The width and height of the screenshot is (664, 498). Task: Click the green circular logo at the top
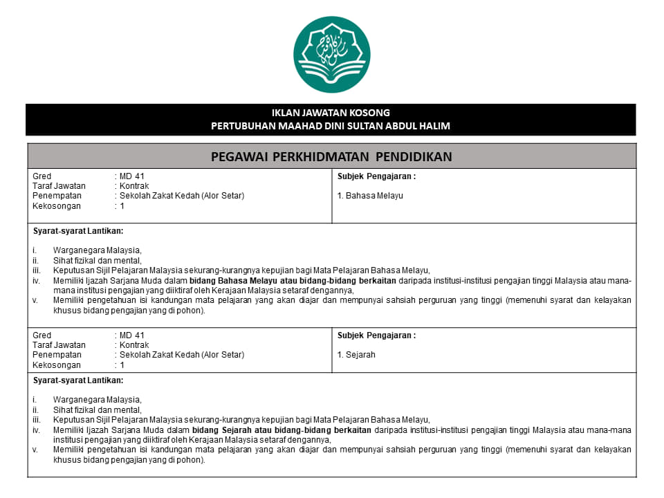point(331,55)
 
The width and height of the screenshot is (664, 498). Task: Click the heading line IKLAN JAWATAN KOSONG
point(331,113)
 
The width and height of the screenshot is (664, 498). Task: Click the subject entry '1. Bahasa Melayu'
point(370,196)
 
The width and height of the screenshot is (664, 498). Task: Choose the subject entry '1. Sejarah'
point(356,355)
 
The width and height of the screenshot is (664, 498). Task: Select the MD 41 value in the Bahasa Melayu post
point(131,176)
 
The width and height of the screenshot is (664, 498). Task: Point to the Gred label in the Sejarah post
point(42,335)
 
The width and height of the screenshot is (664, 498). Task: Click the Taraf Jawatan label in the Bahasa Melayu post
point(59,186)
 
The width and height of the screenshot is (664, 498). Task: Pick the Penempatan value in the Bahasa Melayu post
point(181,196)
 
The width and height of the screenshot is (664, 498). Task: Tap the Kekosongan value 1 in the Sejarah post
point(122,365)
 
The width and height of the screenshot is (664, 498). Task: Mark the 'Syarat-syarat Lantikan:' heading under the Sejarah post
point(78,380)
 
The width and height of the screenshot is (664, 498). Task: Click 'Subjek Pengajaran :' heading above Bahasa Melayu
point(376,176)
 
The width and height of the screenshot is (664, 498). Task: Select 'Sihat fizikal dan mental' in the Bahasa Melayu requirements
point(97,261)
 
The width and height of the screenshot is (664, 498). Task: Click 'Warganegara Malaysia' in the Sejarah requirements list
point(97,400)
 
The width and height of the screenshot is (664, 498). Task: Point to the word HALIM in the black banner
point(434,125)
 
